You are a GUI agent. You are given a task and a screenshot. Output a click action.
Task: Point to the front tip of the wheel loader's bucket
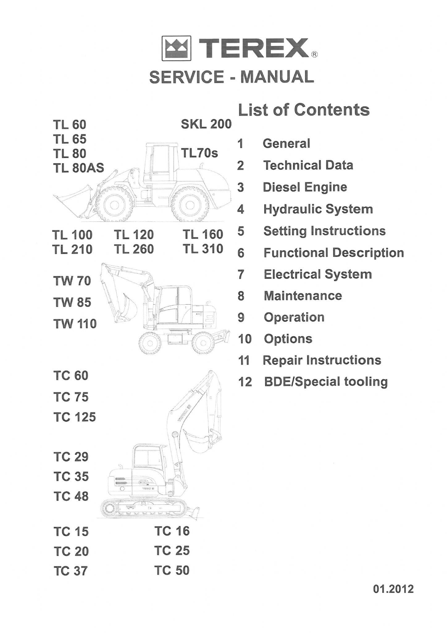click(x=53, y=196)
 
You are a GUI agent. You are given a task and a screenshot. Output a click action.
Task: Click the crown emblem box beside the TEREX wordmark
click(x=176, y=49)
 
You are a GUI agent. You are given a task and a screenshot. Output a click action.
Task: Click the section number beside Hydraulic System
click(x=241, y=209)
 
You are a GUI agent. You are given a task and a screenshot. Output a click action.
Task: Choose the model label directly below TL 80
click(x=79, y=168)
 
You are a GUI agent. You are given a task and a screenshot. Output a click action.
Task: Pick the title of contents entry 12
click(x=326, y=382)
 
